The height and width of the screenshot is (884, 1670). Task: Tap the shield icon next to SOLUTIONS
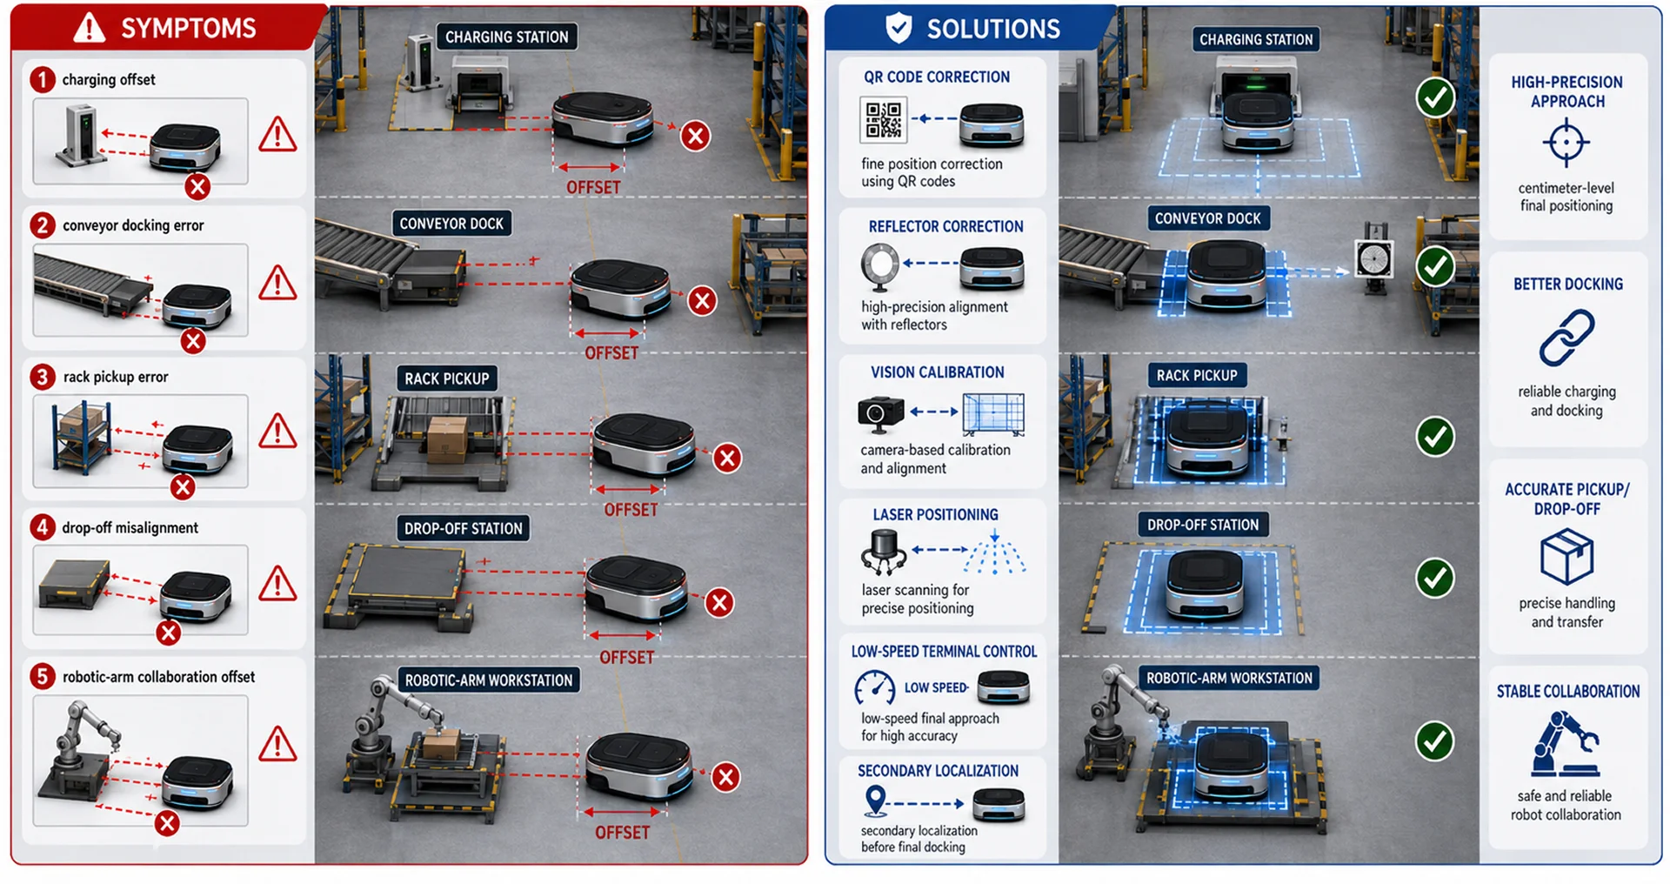coord(898,27)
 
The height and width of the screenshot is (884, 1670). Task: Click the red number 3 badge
coord(42,377)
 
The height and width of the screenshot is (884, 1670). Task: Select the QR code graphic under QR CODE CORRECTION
coord(883,119)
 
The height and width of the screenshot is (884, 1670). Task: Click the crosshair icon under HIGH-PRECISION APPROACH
coord(1566,142)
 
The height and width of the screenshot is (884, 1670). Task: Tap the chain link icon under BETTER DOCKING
coord(1566,338)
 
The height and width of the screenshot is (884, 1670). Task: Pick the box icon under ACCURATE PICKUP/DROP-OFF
coord(1566,558)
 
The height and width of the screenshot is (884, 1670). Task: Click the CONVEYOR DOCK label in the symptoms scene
coord(451,224)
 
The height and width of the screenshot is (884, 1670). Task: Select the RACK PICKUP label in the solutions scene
coord(1197,375)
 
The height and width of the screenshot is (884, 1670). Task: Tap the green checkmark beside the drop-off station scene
coord(1435,578)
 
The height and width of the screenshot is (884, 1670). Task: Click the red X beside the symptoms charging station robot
coord(695,136)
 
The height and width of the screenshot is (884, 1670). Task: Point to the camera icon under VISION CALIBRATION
coord(880,413)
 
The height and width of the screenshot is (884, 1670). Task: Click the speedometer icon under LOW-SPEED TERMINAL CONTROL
coord(875,688)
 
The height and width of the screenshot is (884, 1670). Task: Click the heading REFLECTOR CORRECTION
coord(945,226)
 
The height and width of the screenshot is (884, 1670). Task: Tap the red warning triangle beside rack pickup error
coord(277,431)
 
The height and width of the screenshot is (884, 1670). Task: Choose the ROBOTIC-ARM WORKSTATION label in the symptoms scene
coord(488,680)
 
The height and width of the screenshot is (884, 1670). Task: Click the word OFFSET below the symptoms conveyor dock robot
coord(611,352)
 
